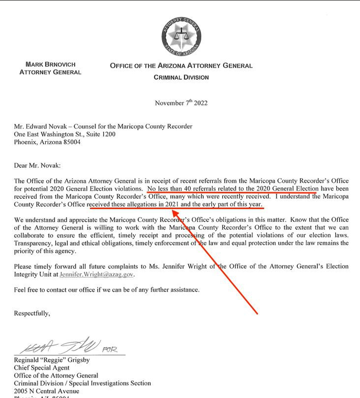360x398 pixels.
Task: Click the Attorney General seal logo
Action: pyautogui.click(x=181, y=36)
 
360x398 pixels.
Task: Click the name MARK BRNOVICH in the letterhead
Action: pyautogui.click(x=50, y=64)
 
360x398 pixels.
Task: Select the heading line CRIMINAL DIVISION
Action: pyautogui.click(x=181, y=77)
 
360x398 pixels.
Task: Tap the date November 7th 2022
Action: pyautogui.click(x=181, y=102)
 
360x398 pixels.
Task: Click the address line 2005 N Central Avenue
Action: pyautogui.click(x=50, y=391)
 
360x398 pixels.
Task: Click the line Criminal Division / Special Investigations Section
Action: pyautogui.click(x=82, y=383)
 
